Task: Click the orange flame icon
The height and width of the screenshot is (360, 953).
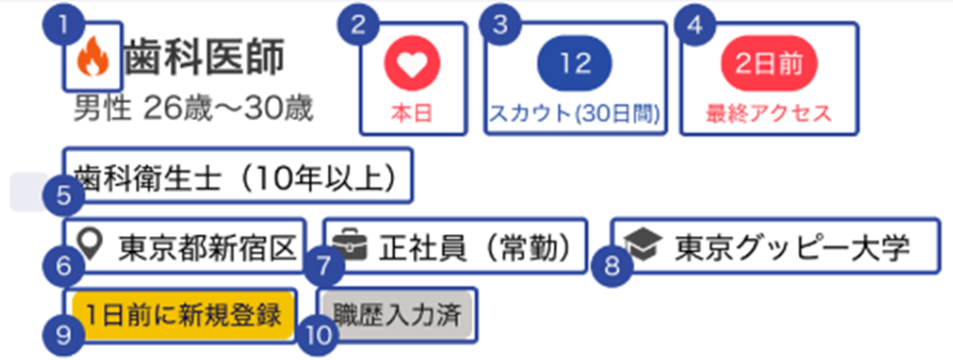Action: [93, 56]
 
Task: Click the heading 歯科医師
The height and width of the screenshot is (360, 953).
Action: [205, 59]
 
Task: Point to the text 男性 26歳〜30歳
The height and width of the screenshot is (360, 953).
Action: [193, 110]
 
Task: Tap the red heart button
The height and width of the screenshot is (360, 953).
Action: [412, 63]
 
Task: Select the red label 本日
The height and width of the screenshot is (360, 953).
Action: [411, 113]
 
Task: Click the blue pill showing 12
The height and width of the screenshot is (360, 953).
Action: [575, 63]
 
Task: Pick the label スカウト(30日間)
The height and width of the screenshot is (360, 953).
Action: [575, 113]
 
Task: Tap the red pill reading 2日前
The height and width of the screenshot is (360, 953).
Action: [769, 63]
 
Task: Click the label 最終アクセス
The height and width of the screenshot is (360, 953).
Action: [768, 113]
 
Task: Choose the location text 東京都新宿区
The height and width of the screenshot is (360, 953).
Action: [208, 248]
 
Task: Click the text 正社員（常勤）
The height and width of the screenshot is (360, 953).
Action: [476, 248]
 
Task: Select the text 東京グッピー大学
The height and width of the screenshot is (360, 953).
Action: [792, 248]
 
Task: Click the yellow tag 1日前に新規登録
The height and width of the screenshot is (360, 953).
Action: [183, 315]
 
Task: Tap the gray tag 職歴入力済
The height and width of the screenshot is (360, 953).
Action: [397, 315]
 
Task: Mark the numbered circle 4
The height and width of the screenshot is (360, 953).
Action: [697, 26]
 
